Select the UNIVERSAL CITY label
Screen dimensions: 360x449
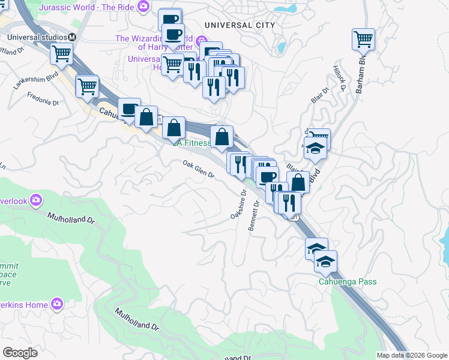[x=239, y=25]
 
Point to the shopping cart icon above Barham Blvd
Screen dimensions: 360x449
[x=363, y=40]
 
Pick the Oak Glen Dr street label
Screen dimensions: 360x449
[x=199, y=169]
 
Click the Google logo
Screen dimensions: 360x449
[x=20, y=352]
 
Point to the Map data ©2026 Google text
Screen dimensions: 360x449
[x=412, y=355]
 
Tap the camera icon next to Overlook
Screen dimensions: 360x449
[x=37, y=200]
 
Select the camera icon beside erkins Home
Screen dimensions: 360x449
[x=58, y=304]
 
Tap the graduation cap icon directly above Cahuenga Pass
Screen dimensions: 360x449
[x=325, y=261]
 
